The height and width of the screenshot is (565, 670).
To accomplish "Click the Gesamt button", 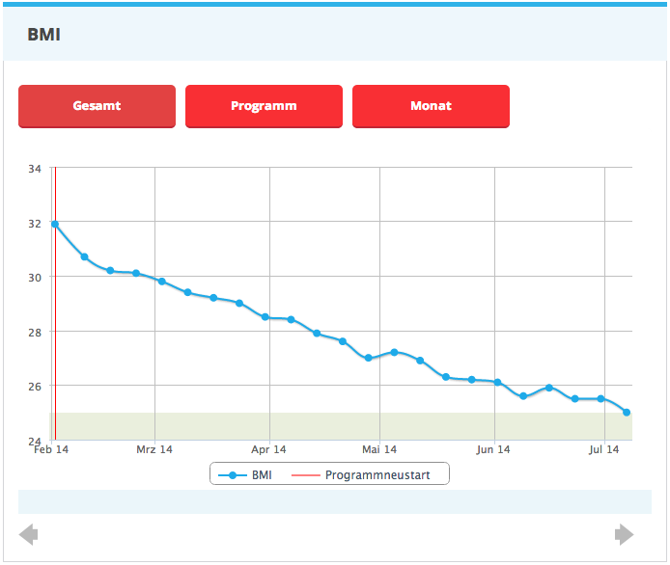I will tap(97, 106).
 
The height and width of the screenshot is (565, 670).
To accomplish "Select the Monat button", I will tap(431, 106).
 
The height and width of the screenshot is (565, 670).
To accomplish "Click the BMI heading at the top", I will tap(44, 35).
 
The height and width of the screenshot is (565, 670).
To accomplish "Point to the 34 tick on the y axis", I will tap(35, 169).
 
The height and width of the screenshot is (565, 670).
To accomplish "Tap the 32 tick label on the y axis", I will tap(35, 223).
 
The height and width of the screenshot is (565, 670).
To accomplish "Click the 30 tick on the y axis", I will tap(35, 277).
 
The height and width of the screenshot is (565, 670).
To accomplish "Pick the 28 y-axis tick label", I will tap(35, 332).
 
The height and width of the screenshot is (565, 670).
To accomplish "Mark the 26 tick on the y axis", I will tap(35, 386).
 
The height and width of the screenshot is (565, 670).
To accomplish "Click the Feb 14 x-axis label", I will tap(50, 449).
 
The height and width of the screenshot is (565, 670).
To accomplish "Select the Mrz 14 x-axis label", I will tap(154, 449).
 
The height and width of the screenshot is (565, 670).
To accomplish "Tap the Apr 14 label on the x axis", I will tap(268, 449).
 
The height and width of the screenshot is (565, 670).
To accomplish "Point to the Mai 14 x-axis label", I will tap(379, 449).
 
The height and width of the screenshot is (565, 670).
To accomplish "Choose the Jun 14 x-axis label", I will tap(493, 449).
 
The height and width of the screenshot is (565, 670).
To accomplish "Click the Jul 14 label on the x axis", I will tap(604, 449).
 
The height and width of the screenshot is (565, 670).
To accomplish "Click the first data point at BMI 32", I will tap(55, 224).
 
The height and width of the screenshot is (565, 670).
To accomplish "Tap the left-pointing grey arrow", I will tap(29, 534).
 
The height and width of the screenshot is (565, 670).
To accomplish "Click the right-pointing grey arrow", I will tap(625, 534).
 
